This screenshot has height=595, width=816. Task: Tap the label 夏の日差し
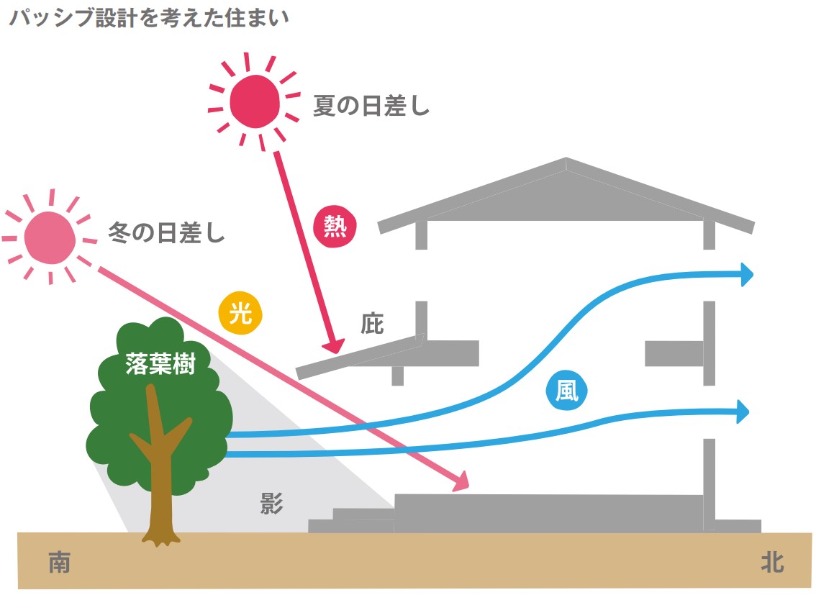click(x=371, y=107)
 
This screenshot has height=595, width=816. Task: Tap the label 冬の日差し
click(x=166, y=233)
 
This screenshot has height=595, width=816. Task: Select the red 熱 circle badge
click(x=335, y=227)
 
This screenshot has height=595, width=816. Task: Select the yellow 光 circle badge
click(x=240, y=314)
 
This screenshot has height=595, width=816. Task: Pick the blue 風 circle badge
click(x=566, y=391)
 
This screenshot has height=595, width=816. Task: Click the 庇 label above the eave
click(x=372, y=324)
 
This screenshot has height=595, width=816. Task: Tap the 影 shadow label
click(x=271, y=504)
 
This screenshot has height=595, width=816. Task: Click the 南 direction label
click(x=60, y=563)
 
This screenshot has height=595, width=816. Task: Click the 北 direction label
click(x=772, y=563)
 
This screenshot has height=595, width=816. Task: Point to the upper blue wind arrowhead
click(x=746, y=274)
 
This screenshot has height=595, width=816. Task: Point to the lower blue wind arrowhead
click(x=743, y=412)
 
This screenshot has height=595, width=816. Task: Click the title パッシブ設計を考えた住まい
click(x=148, y=18)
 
